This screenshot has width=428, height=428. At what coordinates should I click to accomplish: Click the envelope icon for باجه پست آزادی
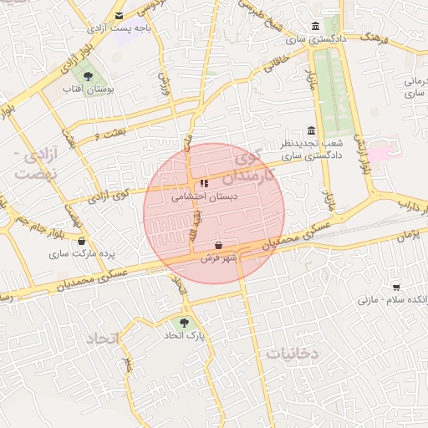click(x=120, y=16)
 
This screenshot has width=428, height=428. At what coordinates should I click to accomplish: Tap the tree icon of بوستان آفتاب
click(x=88, y=78)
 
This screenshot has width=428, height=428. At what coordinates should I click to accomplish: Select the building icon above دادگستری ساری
click(x=314, y=26)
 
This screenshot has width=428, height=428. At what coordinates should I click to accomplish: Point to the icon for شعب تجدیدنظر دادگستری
click(x=312, y=131)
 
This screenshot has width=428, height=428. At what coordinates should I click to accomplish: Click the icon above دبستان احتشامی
click(x=204, y=184)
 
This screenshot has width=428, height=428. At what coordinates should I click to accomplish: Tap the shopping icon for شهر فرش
click(x=219, y=246)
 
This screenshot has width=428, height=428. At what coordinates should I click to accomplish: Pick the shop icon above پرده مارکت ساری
click(x=81, y=241)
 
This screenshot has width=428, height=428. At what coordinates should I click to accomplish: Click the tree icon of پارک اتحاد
click(x=184, y=322)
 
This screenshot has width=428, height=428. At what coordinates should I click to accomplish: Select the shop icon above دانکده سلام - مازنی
click(x=395, y=287)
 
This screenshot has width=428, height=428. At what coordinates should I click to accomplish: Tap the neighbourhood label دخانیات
click(x=293, y=354)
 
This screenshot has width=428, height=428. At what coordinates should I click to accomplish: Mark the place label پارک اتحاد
click(x=184, y=335)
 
